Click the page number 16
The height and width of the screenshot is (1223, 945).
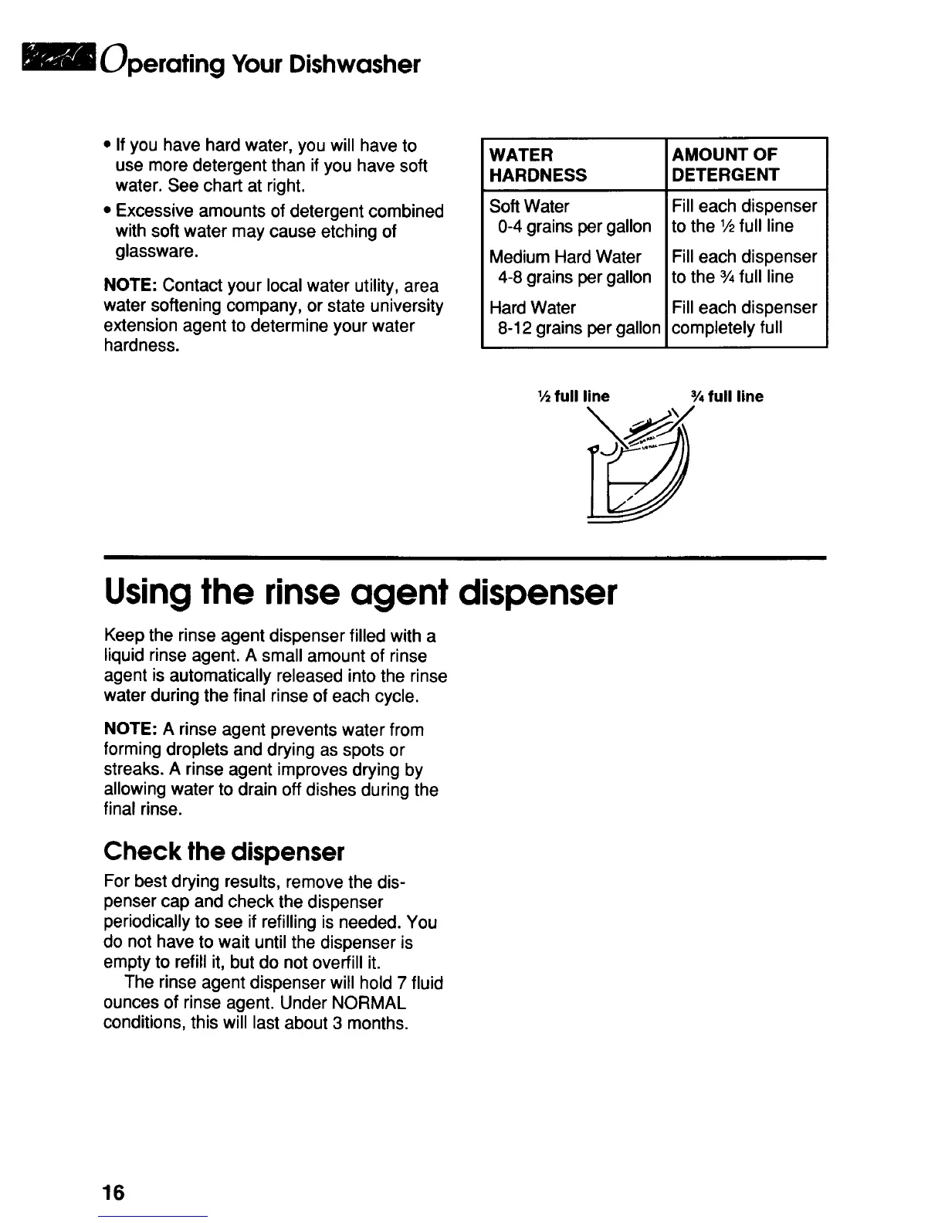(113, 1193)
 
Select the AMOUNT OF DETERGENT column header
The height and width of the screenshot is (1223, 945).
(725, 164)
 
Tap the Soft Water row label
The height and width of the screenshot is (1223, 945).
(530, 206)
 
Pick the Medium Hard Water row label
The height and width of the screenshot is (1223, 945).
(565, 257)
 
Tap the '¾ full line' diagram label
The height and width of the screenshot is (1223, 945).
(727, 397)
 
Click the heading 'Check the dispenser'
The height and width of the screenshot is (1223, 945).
(223, 852)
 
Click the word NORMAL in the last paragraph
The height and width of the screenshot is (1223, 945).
(367, 1004)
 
